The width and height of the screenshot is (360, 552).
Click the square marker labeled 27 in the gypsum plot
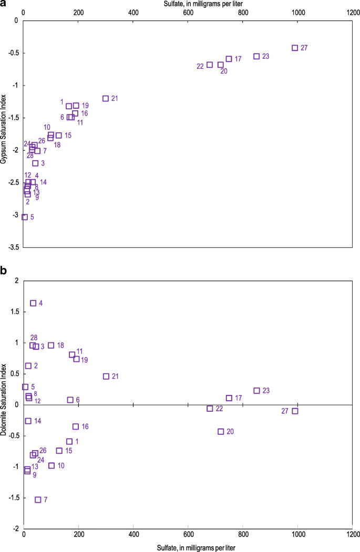click(295, 48)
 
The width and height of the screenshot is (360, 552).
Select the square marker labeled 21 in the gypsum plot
click(106, 98)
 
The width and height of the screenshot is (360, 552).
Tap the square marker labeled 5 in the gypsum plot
click(25, 217)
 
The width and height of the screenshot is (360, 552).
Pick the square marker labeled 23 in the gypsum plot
click(256, 56)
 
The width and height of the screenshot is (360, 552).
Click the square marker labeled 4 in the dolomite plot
click(33, 303)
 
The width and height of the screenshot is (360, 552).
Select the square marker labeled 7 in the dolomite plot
click(38, 499)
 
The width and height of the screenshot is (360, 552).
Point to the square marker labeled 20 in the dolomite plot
click(221, 431)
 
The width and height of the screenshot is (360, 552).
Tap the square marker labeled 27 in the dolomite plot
click(295, 411)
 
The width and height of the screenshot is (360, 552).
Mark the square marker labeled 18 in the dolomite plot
click(51, 345)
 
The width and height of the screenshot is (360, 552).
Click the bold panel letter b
click(4, 270)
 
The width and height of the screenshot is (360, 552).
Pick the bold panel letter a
click(4, 4)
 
